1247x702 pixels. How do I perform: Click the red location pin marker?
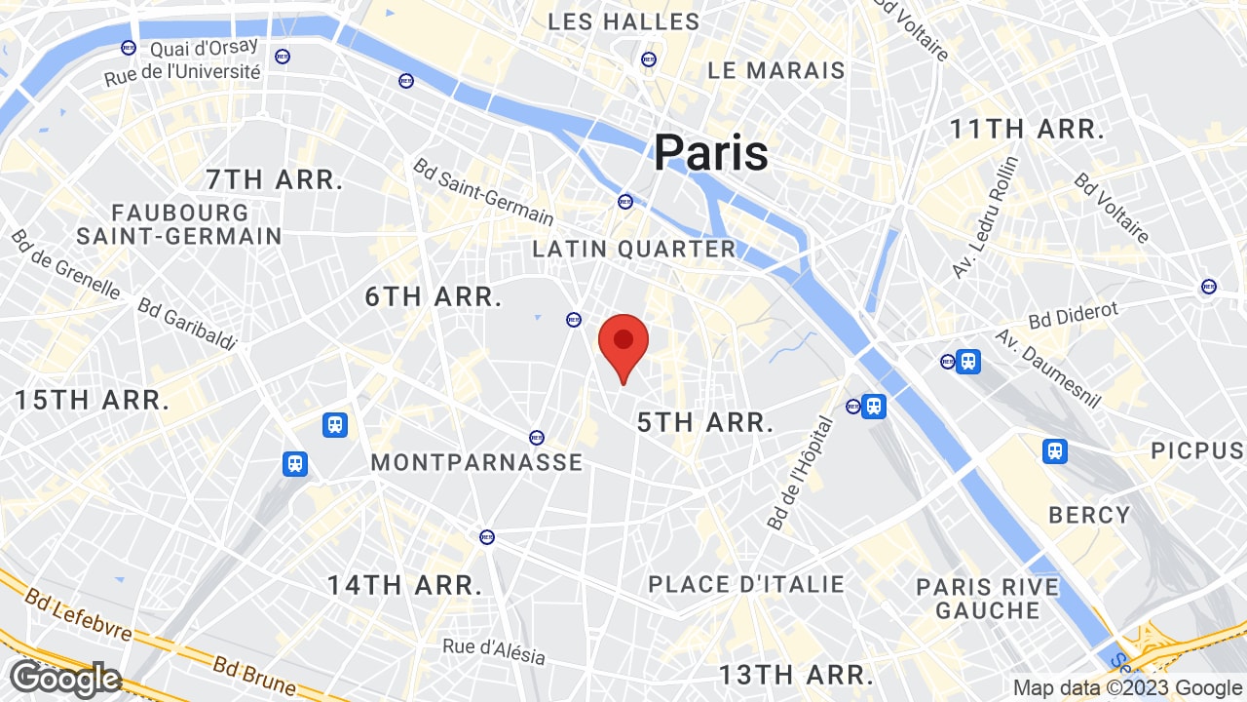click(x=623, y=344)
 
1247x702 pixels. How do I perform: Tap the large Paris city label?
click(x=710, y=153)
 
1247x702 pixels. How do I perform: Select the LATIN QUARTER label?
click(x=633, y=249)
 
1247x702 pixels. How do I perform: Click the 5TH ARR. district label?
click(x=704, y=422)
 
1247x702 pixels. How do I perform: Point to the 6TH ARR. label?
click(x=433, y=296)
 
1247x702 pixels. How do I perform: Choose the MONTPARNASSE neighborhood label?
click(x=476, y=462)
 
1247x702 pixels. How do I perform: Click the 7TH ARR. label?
click(x=275, y=179)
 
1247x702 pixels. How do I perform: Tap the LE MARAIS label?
click(x=775, y=70)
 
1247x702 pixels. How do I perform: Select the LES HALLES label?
click(x=623, y=21)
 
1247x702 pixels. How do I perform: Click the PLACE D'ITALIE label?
click(x=746, y=584)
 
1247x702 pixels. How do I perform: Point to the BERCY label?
click(x=1089, y=515)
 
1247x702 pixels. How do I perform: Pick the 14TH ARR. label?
click(x=404, y=585)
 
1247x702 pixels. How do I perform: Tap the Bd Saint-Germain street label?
click(x=483, y=192)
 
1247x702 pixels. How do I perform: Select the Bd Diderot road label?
click(x=1074, y=315)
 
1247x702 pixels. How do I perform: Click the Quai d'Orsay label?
click(x=204, y=46)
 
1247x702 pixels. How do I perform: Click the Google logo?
click(x=64, y=679)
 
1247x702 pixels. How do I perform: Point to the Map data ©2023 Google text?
click(x=1127, y=687)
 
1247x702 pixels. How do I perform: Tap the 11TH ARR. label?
click(x=1027, y=129)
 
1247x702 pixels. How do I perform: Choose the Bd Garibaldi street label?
click(x=187, y=324)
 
